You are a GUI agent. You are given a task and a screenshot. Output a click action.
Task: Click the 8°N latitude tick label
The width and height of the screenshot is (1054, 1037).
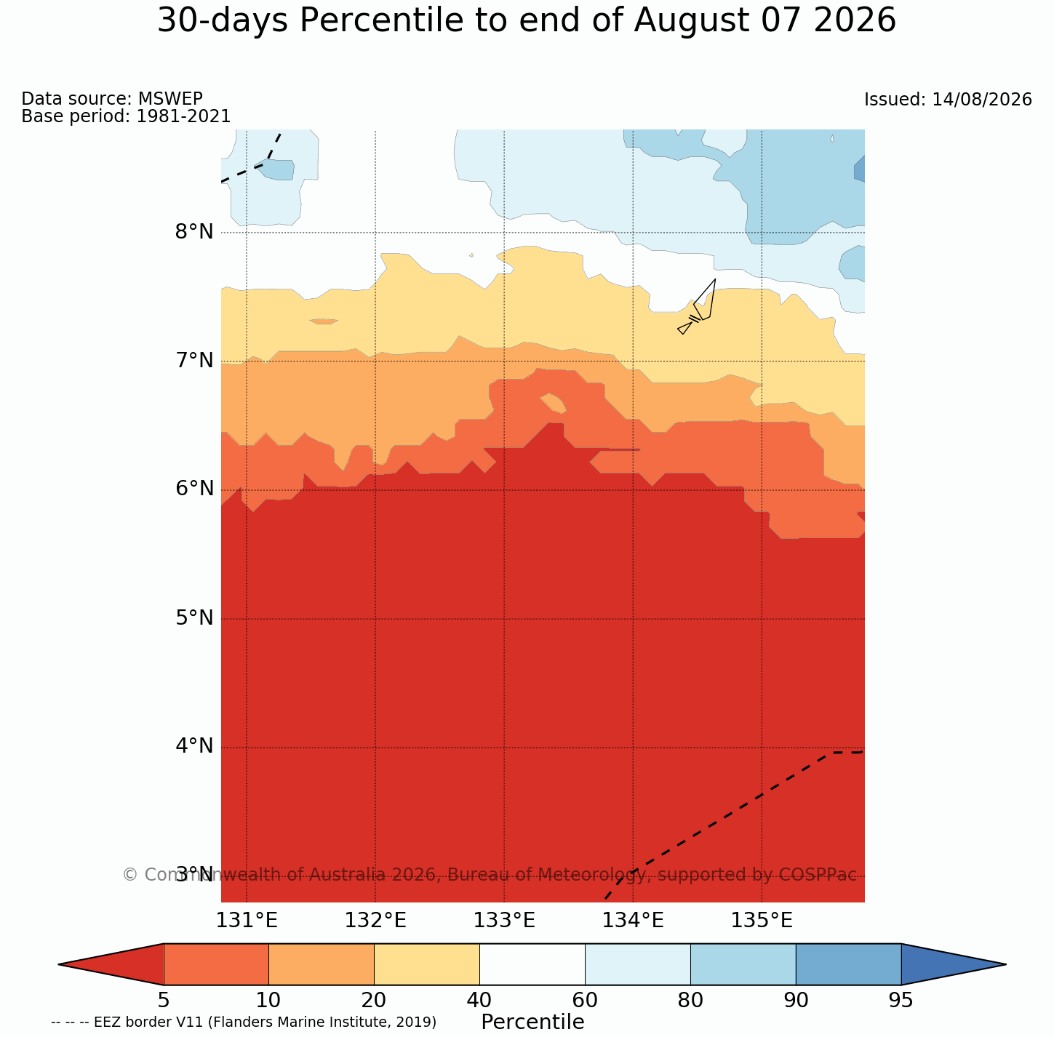(x=194, y=232)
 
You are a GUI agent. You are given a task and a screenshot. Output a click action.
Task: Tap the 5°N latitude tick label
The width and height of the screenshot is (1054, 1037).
(x=194, y=618)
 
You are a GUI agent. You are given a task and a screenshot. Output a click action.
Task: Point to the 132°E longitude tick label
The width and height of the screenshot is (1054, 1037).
(x=375, y=921)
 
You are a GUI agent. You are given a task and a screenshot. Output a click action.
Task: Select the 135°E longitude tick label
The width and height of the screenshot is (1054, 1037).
(x=762, y=921)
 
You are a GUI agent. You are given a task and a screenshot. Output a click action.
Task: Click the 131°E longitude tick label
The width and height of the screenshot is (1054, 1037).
(x=247, y=921)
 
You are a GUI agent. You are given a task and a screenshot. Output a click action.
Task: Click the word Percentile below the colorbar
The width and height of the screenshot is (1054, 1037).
(x=532, y=1022)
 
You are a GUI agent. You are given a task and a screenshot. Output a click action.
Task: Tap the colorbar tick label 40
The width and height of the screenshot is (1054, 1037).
(x=479, y=1000)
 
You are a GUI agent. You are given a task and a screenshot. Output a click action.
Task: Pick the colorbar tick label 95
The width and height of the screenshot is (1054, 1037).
(x=901, y=1000)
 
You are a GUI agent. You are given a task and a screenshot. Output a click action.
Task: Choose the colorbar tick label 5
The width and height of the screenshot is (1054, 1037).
(x=164, y=1000)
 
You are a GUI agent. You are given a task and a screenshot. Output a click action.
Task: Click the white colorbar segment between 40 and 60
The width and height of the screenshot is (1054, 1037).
(x=532, y=964)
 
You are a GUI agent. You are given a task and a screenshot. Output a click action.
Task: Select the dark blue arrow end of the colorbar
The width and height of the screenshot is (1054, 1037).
(x=954, y=964)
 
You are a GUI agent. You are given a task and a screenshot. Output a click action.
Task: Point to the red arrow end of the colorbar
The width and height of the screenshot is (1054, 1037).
(x=111, y=964)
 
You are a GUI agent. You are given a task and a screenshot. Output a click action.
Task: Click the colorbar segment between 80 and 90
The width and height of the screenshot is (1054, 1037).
(x=743, y=964)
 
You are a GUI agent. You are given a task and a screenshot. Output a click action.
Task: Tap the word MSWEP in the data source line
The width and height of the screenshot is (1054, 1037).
(x=170, y=98)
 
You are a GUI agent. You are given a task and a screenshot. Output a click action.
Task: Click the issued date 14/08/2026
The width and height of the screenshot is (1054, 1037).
(x=982, y=100)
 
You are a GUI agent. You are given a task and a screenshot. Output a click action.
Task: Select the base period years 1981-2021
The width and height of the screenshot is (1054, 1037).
(x=183, y=116)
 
